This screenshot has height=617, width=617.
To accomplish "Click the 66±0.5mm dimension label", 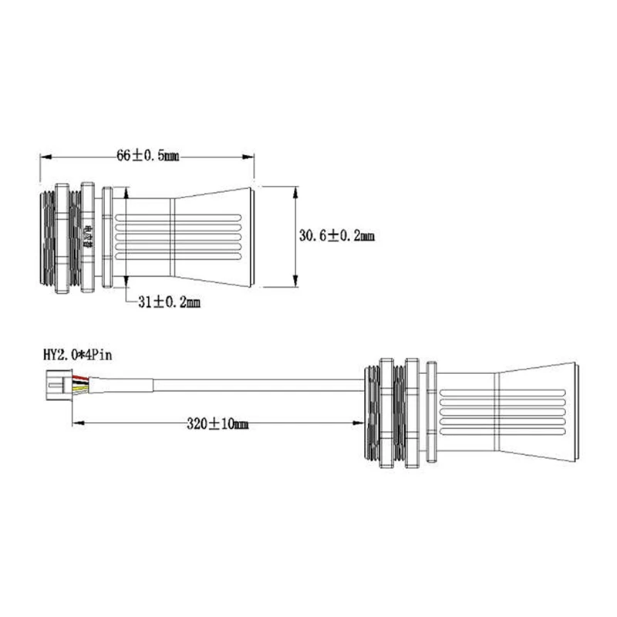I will coord(147,156).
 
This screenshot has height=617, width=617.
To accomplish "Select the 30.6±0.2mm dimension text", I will coord(336,236).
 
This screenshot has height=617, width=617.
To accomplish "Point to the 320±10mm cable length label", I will coord(218,423).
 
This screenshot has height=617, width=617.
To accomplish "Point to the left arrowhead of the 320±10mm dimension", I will coord(76,423).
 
